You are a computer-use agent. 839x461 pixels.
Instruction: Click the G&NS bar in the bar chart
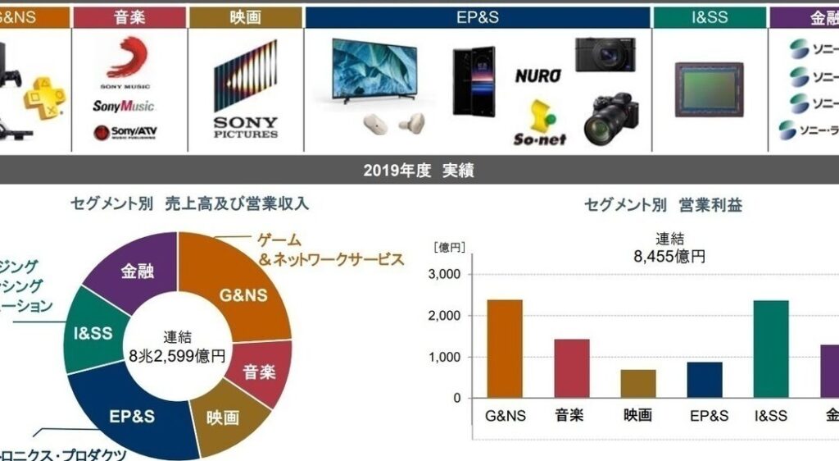point(504,349)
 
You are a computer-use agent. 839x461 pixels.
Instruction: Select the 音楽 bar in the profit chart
point(571,368)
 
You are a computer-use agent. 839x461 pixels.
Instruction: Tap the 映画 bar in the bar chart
point(637,383)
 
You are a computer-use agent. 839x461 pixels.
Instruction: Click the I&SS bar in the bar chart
point(771,349)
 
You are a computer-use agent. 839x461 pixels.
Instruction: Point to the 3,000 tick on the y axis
point(445,275)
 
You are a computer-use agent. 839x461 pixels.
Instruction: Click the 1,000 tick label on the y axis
point(445,358)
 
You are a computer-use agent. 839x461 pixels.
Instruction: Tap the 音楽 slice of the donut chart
point(260,372)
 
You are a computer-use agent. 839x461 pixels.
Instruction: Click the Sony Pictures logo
point(245,91)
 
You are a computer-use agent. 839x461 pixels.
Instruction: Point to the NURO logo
point(538,76)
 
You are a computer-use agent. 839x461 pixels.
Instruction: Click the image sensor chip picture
point(709,89)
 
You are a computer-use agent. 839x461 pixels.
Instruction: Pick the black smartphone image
point(473,80)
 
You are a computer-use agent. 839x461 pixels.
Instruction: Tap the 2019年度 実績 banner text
point(419,171)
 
